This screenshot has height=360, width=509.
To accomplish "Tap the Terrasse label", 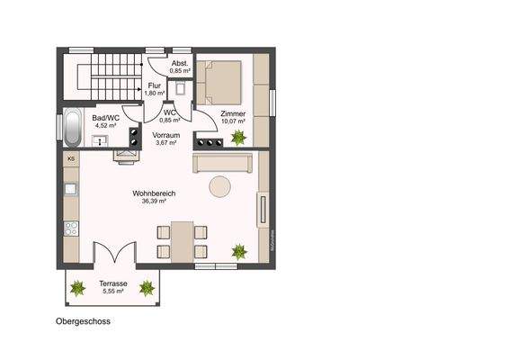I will pos(112,283).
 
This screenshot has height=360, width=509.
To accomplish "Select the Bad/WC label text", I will pos(105,117).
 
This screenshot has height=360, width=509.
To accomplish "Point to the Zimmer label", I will pos(233,113).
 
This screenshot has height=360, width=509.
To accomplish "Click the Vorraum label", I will pos(166,134).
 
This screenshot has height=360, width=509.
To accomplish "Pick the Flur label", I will pos(156,85).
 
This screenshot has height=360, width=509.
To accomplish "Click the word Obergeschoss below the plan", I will pos(83,320).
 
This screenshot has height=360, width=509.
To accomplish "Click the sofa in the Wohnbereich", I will pos(222,163).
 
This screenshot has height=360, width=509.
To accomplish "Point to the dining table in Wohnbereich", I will pos(183,240).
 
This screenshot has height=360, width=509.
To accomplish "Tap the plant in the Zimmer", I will pos(239,138).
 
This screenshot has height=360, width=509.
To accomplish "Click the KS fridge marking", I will pos(71,159).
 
